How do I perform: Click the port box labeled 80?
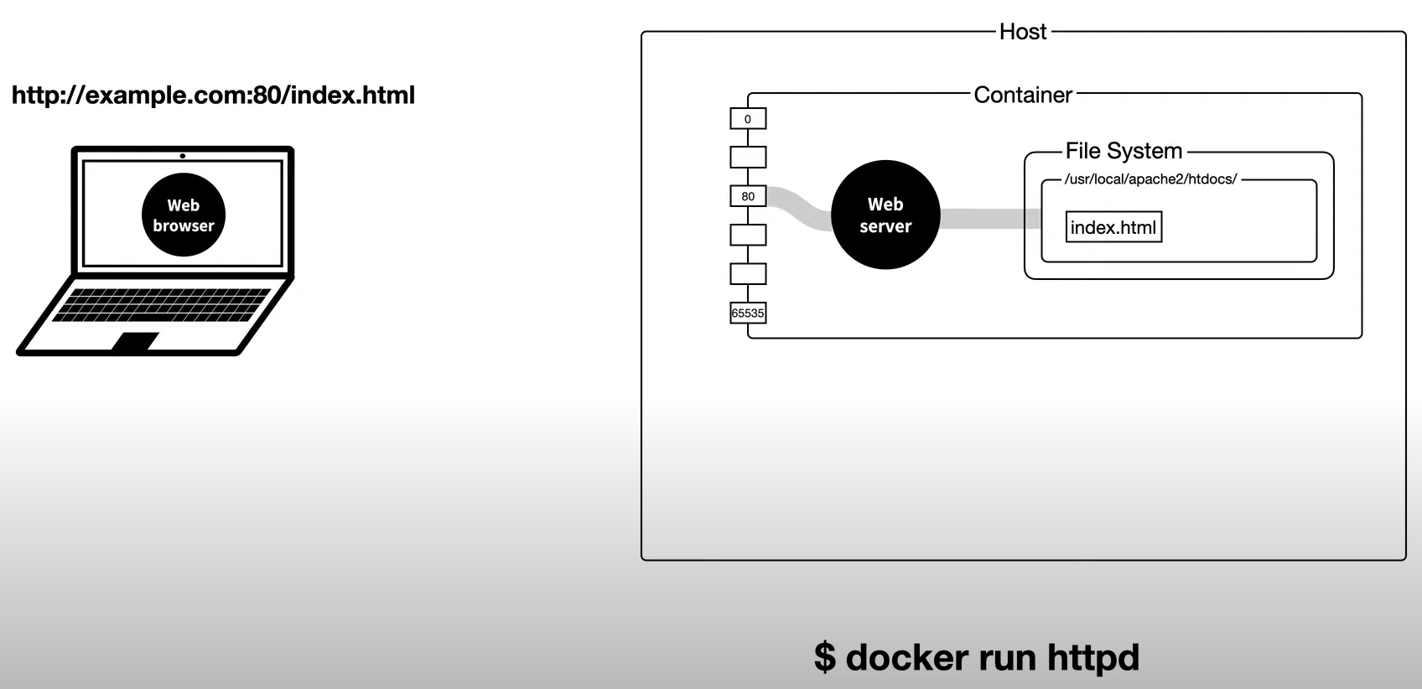[748, 196]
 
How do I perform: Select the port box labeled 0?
[748, 119]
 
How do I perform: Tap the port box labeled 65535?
[748, 313]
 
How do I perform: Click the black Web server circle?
[885, 215]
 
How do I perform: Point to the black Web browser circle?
[184, 215]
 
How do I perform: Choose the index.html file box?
[1113, 227]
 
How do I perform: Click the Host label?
[1023, 32]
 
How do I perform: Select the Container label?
[1023, 95]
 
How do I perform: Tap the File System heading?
[1124, 151]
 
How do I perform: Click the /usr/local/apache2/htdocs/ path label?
[1150, 179]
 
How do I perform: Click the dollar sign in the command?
[825, 657]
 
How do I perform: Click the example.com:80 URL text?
[213, 95]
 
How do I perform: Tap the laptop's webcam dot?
[183, 156]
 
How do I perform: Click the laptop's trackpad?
[135, 341]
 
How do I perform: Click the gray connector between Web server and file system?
[989, 219]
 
